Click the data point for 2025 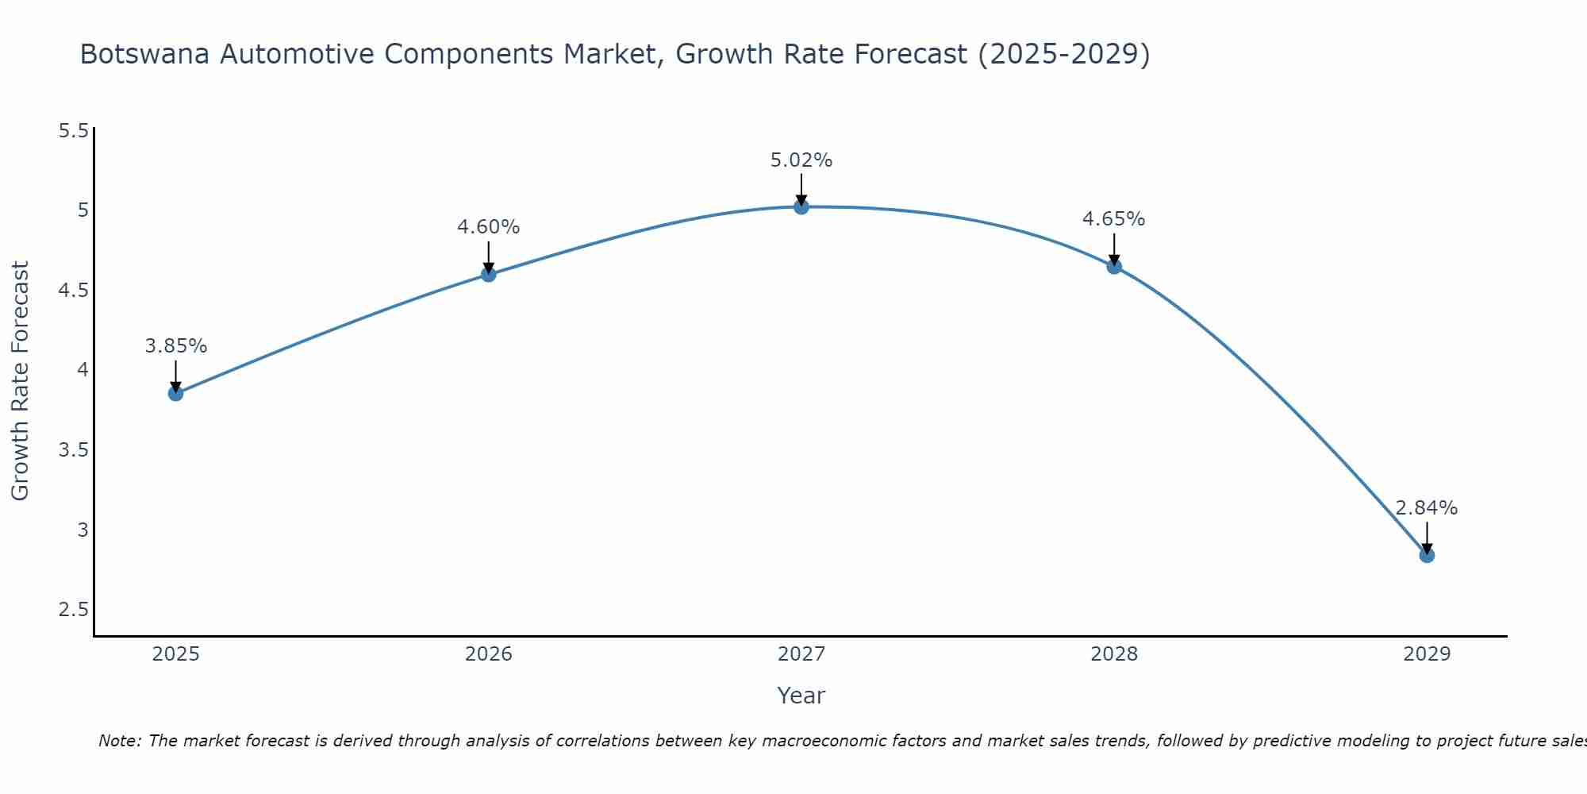click(x=175, y=393)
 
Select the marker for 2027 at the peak click(x=801, y=206)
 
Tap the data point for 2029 click(x=1427, y=555)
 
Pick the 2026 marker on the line click(x=488, y=274)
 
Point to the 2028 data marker click(x=1114, y=266)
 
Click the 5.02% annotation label click(x=801, y=160)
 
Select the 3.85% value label click(x=175, y=346)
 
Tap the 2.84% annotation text click(x=1427, y=508)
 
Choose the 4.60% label click(x=488, y=227)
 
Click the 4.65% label click(x=1114, y=219)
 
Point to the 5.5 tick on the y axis click(x=73, y=130)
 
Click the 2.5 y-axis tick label click(x=73, y=610)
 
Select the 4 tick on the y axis click(x=83, y=370)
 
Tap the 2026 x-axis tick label click(x=488, y=654)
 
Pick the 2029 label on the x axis click(x=1427, y=654)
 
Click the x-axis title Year click(x=801, y=696)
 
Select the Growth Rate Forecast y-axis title click(x=21, y=381)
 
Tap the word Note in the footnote click(x=119, y=741)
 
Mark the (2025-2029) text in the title click(x=1063, y=55)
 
